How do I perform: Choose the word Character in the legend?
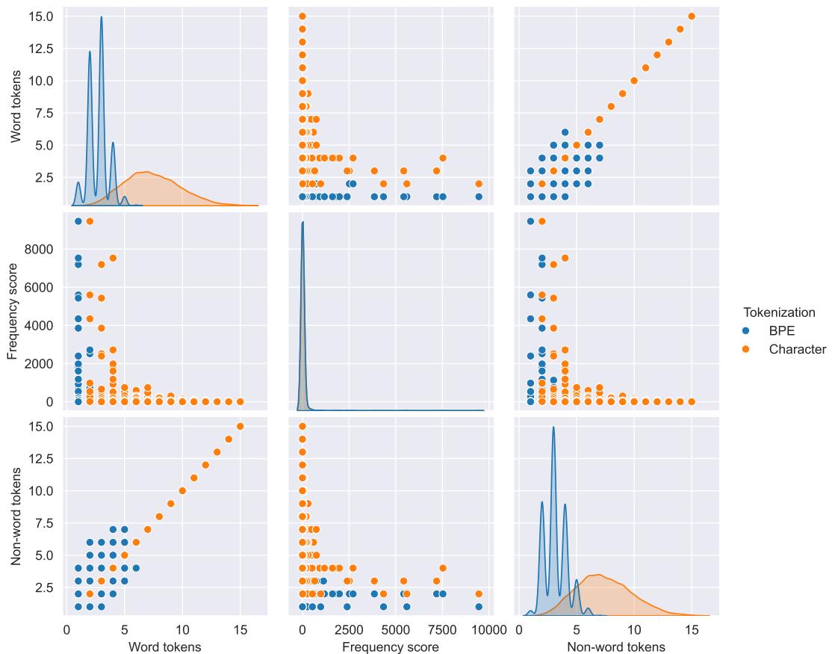(x=798, y=350)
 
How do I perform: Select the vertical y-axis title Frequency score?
(x=13, y=307)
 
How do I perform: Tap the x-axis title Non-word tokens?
(x=616, y=646)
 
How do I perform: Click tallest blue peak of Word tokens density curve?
(x=101, y=17)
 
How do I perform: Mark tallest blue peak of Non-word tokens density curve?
(x=553, y=428)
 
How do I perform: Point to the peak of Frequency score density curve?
(x=302, y=222)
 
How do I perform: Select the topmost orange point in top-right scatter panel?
(x=692, y=16)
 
